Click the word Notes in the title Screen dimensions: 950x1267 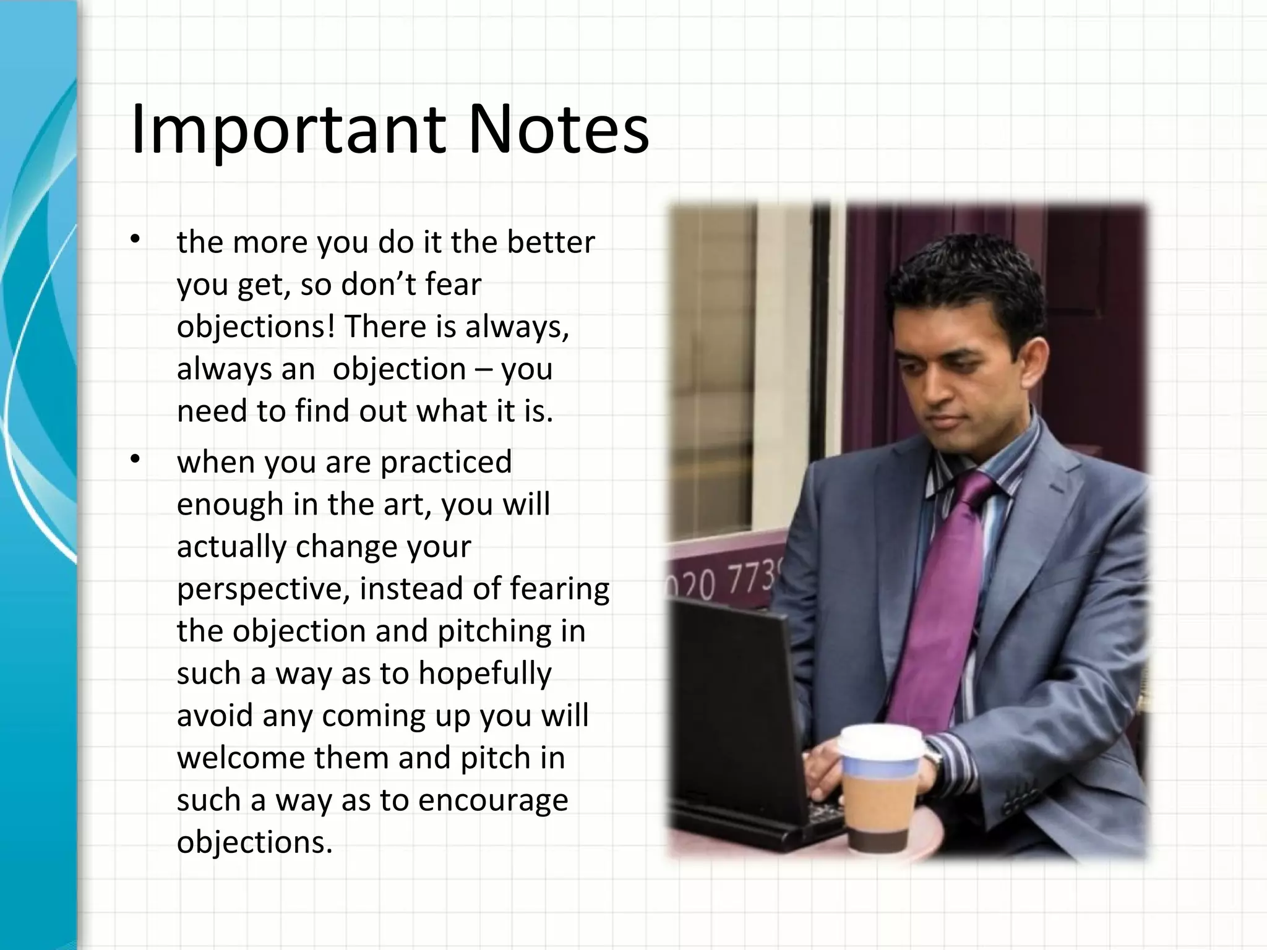click(557, 130)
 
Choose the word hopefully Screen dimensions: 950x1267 click(484, 674)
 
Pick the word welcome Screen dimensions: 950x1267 click(241, 758)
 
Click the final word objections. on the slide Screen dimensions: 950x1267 click(254, 842)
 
